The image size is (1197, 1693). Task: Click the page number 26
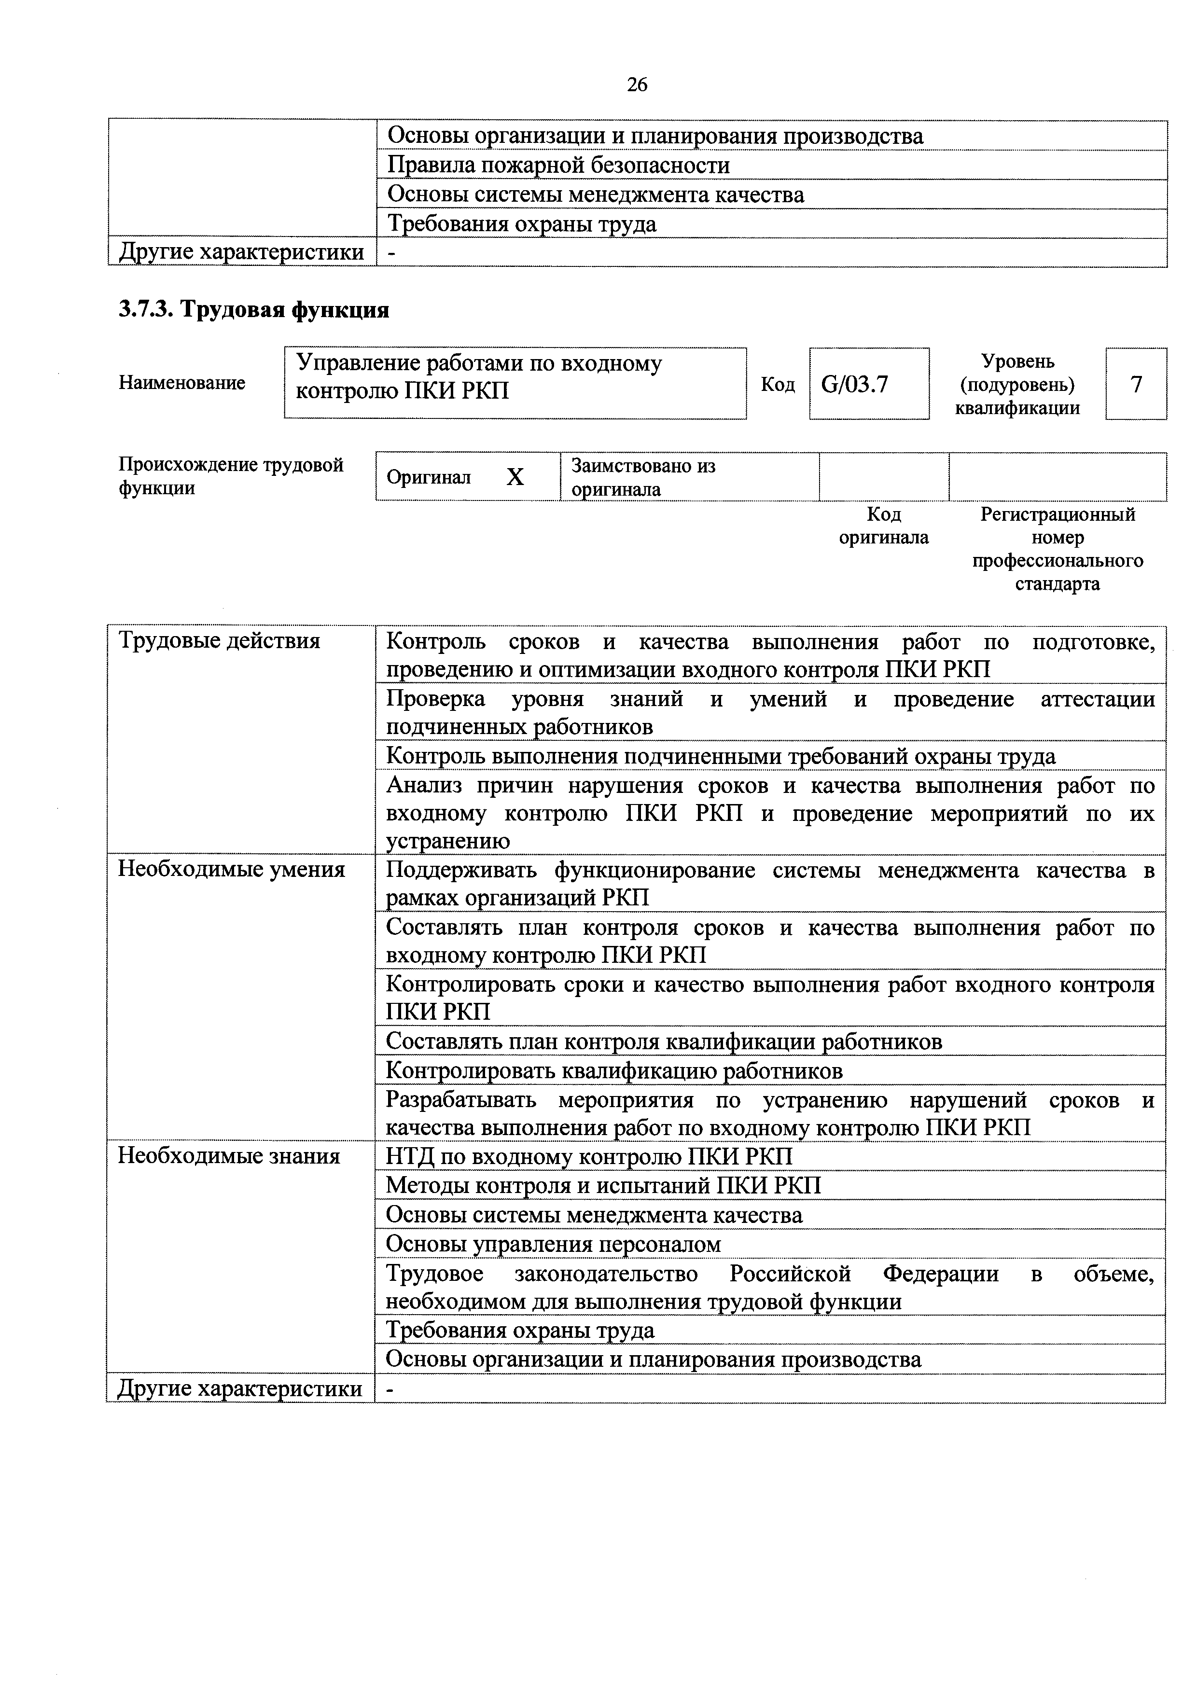tap(637, 85)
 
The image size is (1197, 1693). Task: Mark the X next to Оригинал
tap(515, 478)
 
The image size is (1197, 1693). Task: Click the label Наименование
tap(181, 383)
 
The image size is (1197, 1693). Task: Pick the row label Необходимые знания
tap(229, 1155)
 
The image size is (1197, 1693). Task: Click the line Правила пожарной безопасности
tap(558, 165)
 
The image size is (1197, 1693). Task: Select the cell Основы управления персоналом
tap(553, 1244)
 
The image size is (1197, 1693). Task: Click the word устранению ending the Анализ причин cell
tap(448, 841)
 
